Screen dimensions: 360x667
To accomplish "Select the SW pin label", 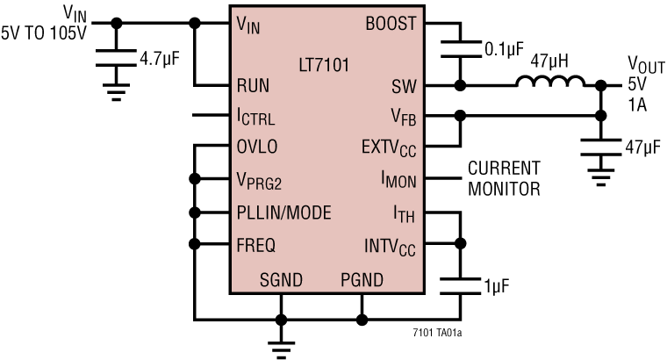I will point(403,86).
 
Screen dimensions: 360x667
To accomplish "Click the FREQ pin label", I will point(256,243).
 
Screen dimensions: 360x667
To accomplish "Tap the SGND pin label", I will point(281,280).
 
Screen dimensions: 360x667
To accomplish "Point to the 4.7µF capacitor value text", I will point(166,61).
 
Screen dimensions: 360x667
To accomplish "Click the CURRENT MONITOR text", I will point(504,177).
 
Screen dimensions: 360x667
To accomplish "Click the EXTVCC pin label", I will point(391,147).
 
